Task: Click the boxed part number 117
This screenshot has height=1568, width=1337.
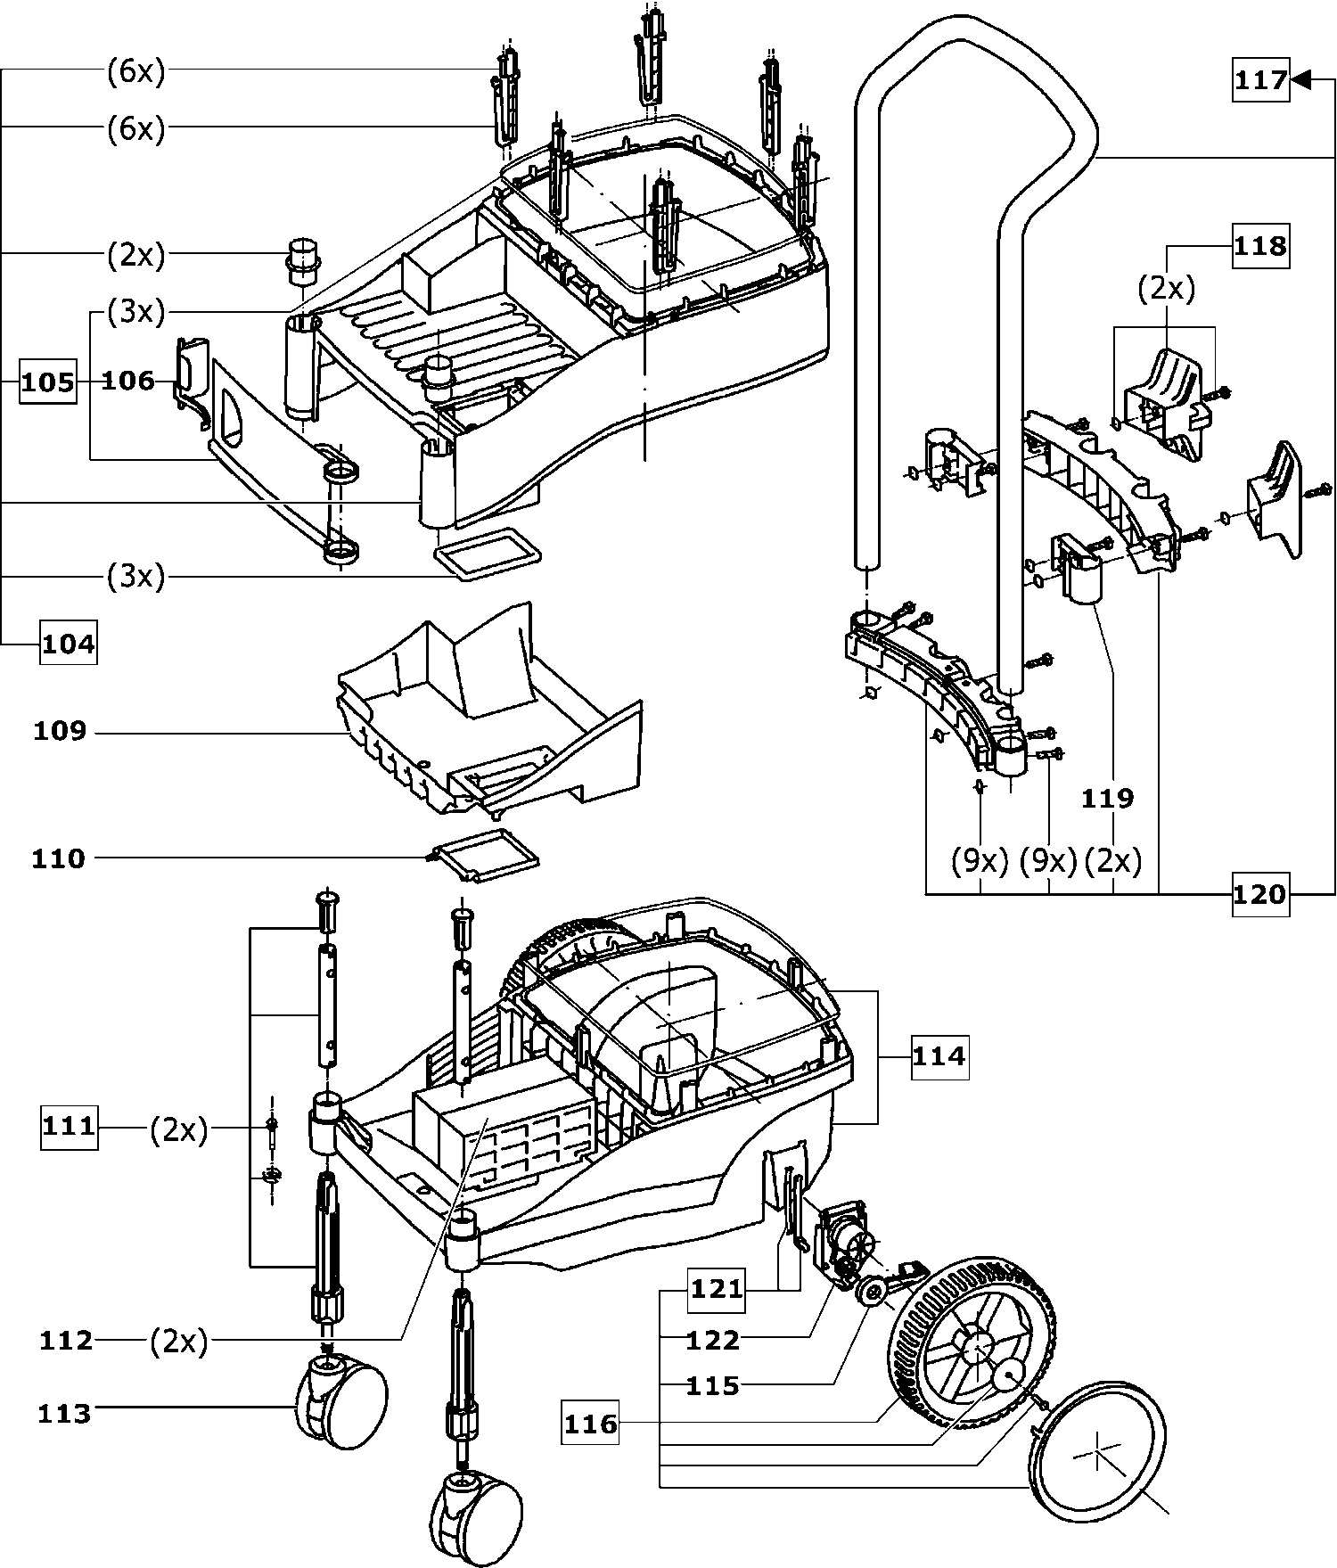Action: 1260,81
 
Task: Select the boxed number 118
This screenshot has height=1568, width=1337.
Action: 1260,245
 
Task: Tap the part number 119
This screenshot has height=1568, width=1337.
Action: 1107,798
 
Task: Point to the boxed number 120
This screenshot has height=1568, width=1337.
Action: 1260,893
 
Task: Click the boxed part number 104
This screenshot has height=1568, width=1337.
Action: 68,643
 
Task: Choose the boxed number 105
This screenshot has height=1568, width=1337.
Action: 47,382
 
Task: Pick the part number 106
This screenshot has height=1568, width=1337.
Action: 128,382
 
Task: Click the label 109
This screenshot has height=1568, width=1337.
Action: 60,732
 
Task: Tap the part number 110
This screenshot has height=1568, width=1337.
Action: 59,859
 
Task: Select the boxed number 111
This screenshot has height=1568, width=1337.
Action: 69,1127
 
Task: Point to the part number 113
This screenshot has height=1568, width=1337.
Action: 64,1414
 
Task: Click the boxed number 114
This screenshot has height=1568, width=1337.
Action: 939,1056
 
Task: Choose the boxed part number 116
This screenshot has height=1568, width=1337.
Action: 590,1424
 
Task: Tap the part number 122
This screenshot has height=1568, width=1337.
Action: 713,1340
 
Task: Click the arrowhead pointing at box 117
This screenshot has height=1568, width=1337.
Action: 1301,80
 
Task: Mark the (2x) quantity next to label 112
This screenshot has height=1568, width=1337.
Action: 178,1341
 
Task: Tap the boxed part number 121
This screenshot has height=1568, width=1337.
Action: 716,1290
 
